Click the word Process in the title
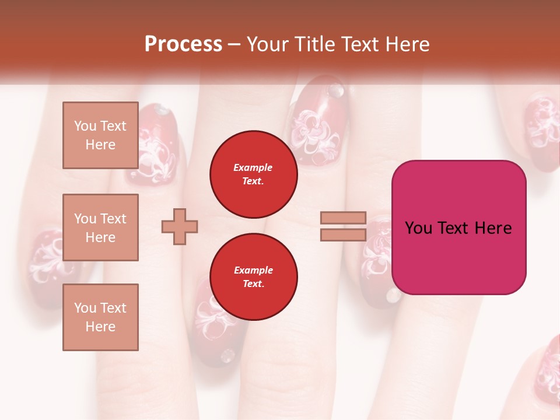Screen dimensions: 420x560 (x=183, y=44)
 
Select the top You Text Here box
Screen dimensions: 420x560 (x=100, y=135)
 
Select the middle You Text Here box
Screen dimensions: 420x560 (x=100, y=228)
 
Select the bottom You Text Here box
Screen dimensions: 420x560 (x=100, y=317)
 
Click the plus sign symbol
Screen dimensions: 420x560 (x=180, y=226)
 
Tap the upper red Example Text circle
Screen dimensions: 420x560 (x=253, y=174)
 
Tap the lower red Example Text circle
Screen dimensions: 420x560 (x=253, y=276)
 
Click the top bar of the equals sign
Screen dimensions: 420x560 (x=343, y=218)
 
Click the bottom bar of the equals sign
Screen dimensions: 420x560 (x=343, y=235)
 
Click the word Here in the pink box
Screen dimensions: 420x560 (x=493, y=228)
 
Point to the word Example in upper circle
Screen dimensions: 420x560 (x=253, y=167)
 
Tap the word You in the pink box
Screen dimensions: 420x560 (x=418, y=228)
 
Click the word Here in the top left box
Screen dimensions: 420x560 (x=100, y=145)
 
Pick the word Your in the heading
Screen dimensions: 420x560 (x=268, y=44)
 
